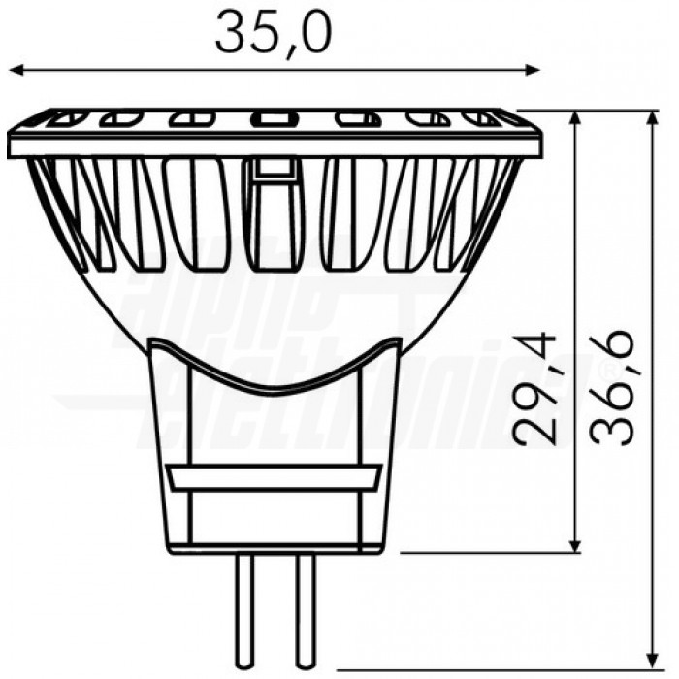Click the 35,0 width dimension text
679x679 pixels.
[274, 33]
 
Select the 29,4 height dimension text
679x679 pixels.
[535, 388]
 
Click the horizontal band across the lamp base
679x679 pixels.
[274, 478]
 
